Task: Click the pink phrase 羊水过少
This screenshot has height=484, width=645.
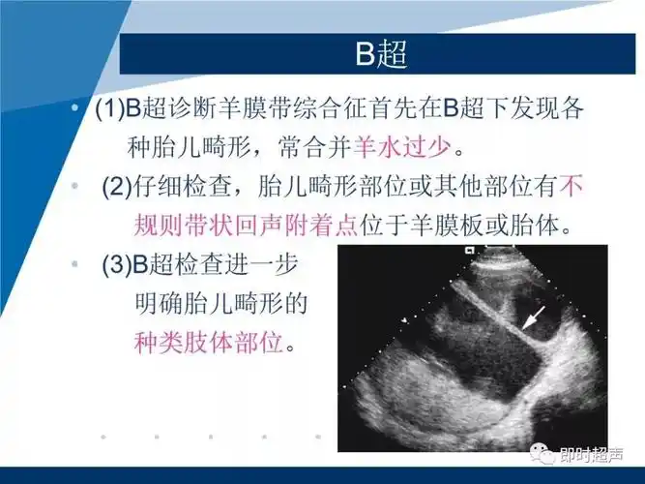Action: point(399,147)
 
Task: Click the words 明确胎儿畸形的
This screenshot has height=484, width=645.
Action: point(218,303)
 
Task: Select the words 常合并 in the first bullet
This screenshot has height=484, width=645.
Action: point(314,147)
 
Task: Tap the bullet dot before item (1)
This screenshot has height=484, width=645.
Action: point(75,108)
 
